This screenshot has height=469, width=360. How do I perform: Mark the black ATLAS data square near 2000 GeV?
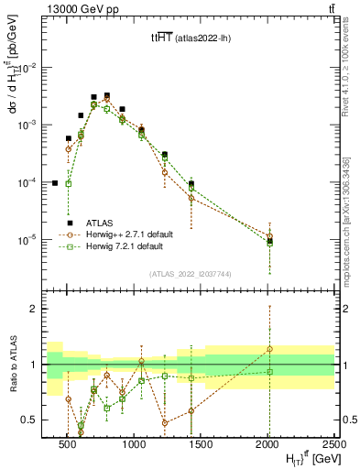pos(269,241)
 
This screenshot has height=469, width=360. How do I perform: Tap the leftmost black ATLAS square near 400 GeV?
pos(54,183)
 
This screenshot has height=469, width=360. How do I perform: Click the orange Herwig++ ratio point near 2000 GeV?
pos(269,349)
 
